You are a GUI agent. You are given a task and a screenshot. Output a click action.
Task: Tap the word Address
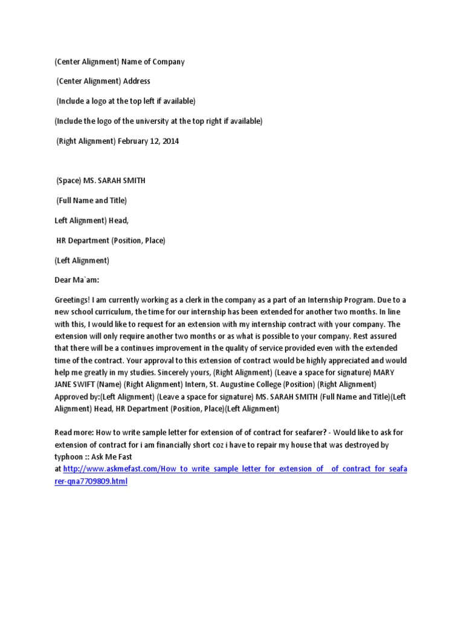point(137,81)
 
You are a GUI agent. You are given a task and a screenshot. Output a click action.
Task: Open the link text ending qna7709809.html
point(91,482)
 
